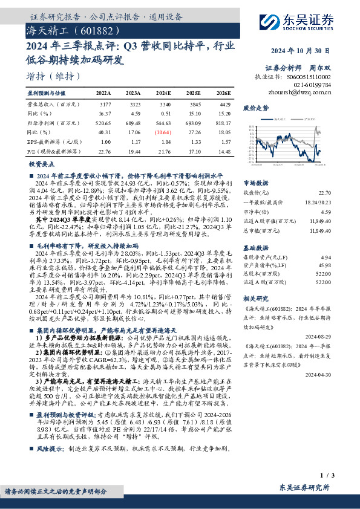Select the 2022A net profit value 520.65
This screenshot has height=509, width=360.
[103, 122]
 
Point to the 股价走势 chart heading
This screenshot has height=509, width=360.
[255, 109]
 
